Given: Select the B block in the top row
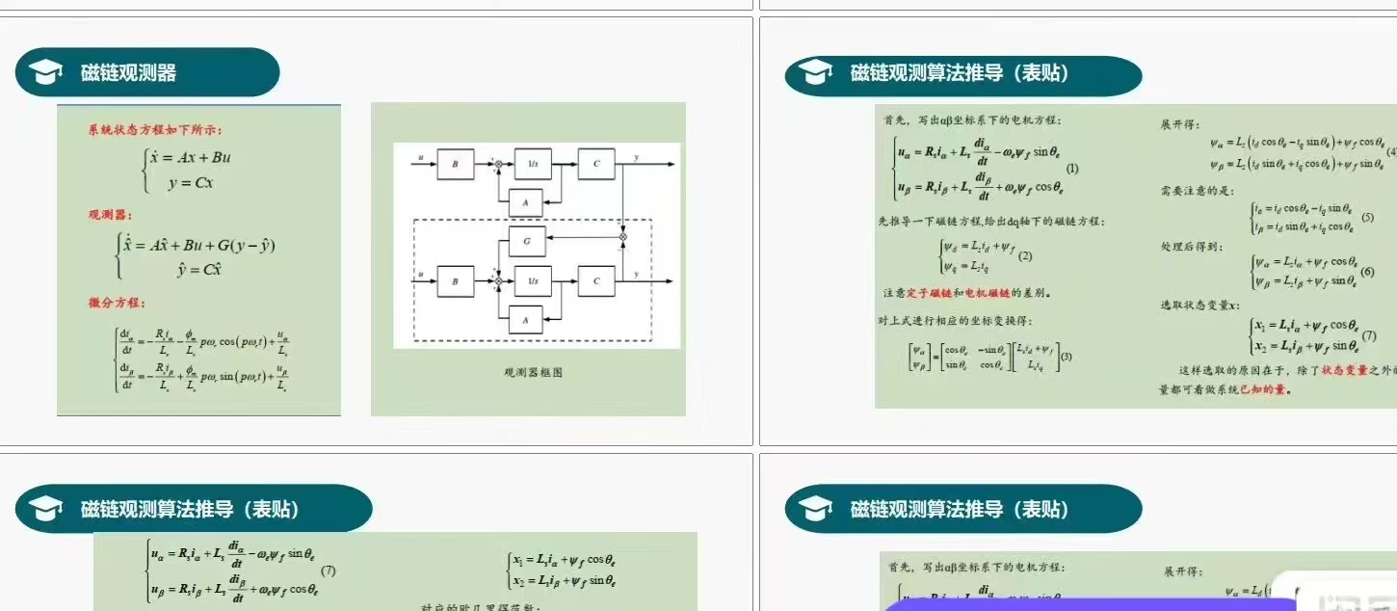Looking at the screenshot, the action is (x=456, y=165).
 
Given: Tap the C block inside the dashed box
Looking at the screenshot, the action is (x=596, y=281).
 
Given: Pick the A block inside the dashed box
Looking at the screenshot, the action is (x=526, y=319).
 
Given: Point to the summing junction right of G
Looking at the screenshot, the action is (x=622, y=236).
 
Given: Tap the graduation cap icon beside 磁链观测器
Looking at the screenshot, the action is (x=45, y=72).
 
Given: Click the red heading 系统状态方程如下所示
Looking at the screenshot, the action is (x=155, y=129).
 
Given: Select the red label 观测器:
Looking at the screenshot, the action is (x=110, y=214).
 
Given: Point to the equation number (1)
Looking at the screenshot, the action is (x=1072, y=169).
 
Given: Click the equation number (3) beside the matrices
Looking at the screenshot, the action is (x=1066, y=357).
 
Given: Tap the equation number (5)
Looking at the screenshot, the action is (x=1367, y=218).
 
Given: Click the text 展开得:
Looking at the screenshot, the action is (x=1180, y=124).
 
